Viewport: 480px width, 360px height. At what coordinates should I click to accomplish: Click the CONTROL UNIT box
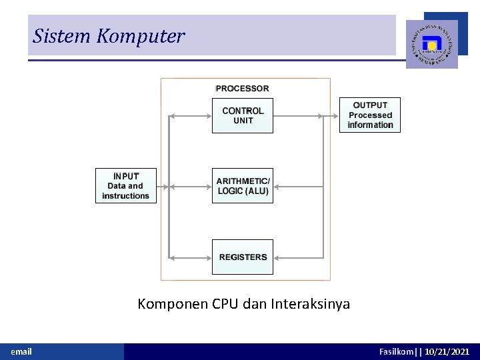click(x=243, y=115)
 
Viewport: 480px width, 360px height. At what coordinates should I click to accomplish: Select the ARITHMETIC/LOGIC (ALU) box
click(x=243, y=186)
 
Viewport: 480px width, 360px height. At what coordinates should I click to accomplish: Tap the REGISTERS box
click(x=243, y=257)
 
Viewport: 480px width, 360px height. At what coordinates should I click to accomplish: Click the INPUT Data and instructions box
click(x=126, y=186)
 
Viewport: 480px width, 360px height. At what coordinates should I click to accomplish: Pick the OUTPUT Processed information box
click(x=370, y=115)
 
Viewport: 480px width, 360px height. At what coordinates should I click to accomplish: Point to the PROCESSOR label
click(x=243, y=89)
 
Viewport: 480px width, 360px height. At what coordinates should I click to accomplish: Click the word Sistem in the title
click(x=62, y=36)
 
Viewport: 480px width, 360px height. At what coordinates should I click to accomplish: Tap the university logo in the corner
click(x=432, y=44)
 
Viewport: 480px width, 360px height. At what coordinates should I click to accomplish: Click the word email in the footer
click(x=21, y=351)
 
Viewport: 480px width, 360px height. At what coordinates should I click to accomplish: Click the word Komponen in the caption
click(x=173, y=305)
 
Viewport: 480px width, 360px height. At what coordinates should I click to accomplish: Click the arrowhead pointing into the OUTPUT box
click(x=336, y=116)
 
